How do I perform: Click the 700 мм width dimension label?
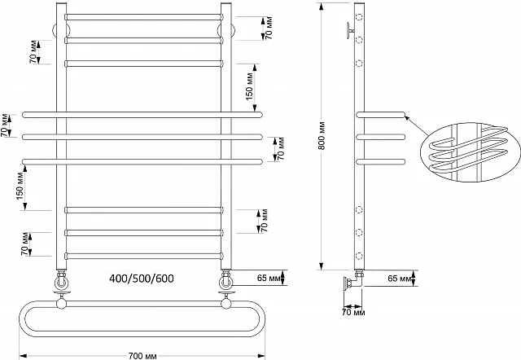[142, 356]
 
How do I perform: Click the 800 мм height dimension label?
[322, 136]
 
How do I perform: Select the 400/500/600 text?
[142, 279]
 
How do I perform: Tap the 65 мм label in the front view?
[269, 278]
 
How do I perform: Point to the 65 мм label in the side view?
[400, 278]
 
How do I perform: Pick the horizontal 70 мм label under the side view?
[353, 313]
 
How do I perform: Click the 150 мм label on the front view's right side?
[250, 86]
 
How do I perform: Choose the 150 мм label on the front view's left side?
[20, 187]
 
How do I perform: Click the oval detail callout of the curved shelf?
[470, 152]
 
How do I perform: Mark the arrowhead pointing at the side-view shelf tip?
[407, 116]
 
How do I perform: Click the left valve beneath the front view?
[62, 280]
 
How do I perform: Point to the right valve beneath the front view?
[226, 280]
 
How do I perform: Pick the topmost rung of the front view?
[143, 17]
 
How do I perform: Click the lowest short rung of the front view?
[143, 256]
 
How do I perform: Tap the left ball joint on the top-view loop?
[62, 304]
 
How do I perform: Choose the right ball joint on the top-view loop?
[226, 304]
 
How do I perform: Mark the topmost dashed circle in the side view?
[359, 16]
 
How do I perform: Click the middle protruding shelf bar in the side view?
[380, 137]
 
